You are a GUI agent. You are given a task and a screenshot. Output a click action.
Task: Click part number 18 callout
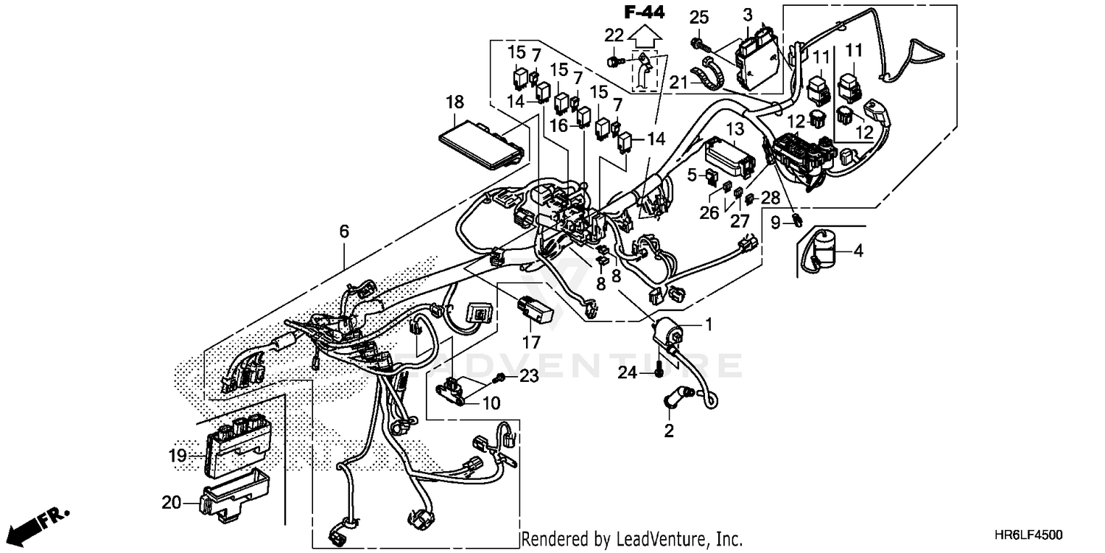(455, 102)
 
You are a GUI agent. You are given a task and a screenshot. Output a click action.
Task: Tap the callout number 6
(344, 232)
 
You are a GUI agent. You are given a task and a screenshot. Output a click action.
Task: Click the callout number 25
(699, 17)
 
